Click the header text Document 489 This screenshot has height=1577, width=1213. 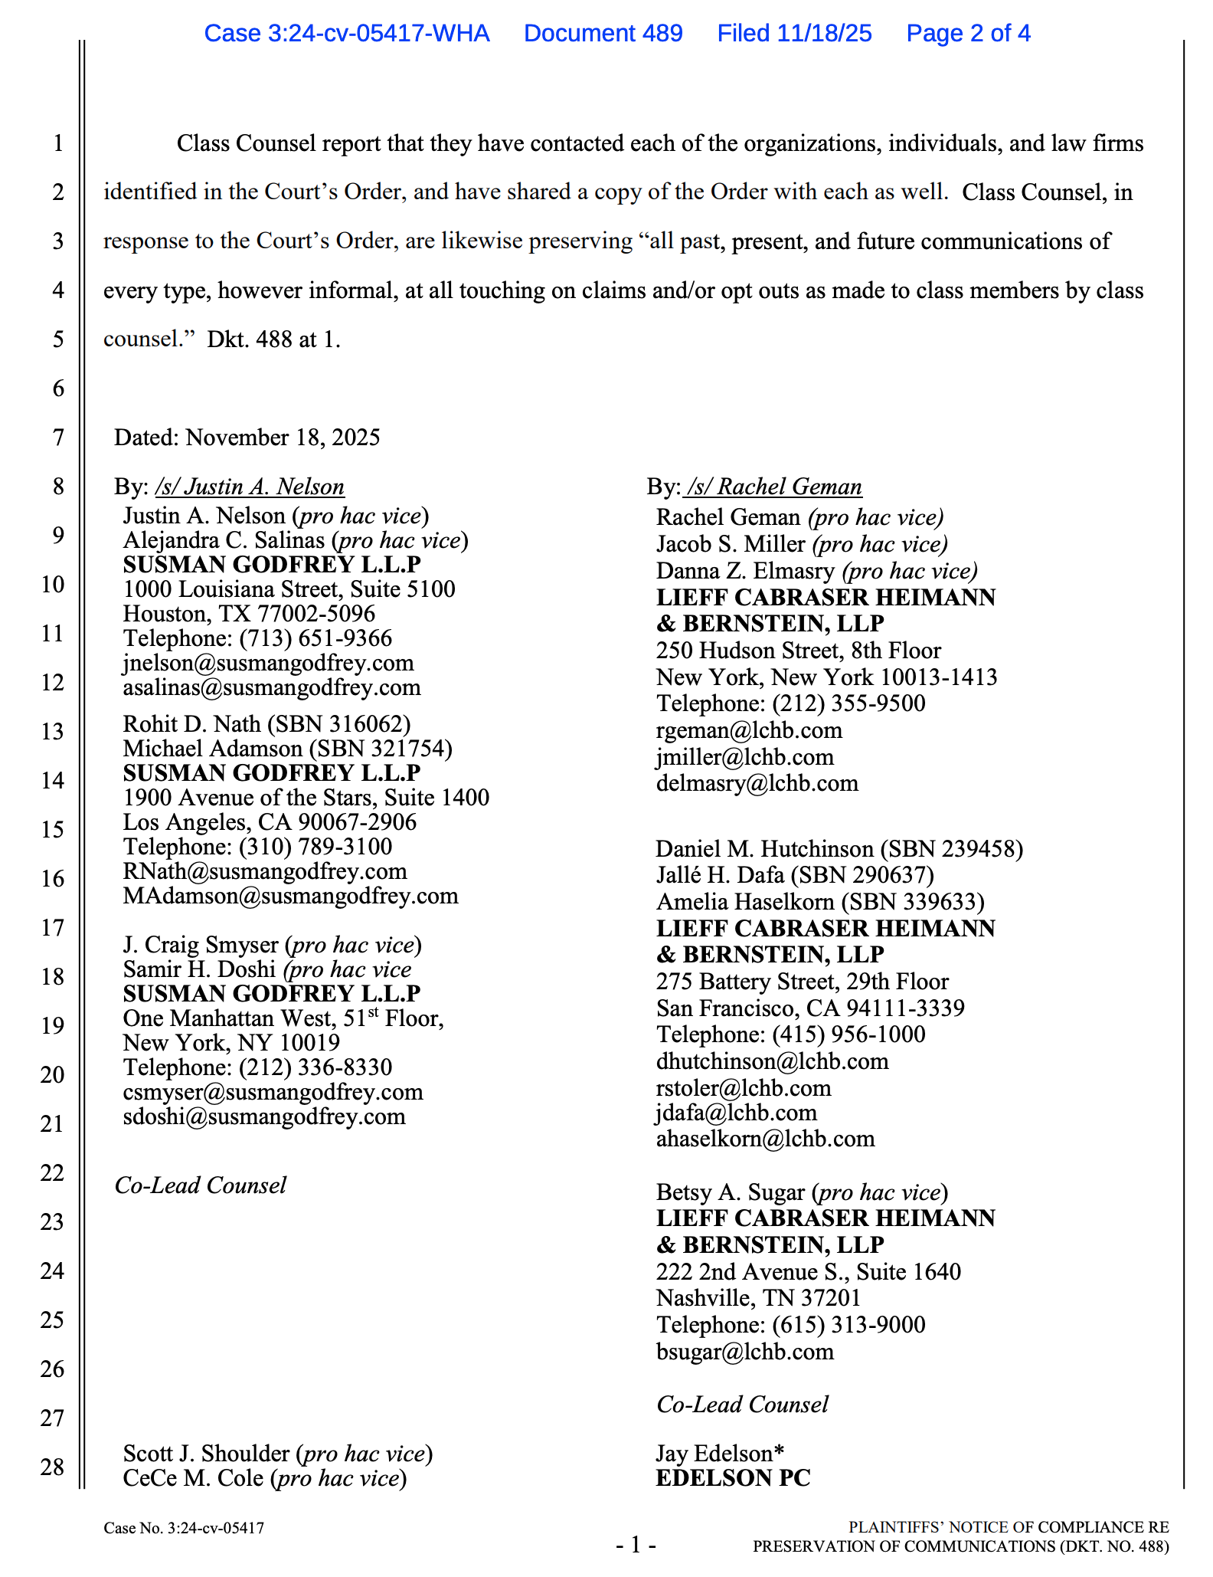click(x=603, y=33)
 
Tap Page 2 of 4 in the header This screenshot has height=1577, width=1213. click(x=968, y=33)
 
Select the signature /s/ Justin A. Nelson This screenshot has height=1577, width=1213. click(x=250, y=487)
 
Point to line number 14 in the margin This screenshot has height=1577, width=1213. click(x=52, y=780)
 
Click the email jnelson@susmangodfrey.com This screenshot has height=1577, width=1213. click(x=268, y=663)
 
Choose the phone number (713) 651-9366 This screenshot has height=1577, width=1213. click(x=316, y=638)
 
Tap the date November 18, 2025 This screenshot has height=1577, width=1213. click(x=283, y=438)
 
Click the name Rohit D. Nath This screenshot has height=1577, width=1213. click(x=191, y=724)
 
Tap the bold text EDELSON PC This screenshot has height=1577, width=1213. click(x=733, y=1478)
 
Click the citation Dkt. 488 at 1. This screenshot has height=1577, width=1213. click(x=273, y=339)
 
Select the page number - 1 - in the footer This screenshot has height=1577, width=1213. click(x=636, y=1545)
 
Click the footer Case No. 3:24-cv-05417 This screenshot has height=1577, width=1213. click(x=184, y=1528)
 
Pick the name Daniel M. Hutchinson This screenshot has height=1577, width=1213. click(x=764, y=849)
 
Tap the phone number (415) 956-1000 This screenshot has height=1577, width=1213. click(x=848, y=1034)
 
